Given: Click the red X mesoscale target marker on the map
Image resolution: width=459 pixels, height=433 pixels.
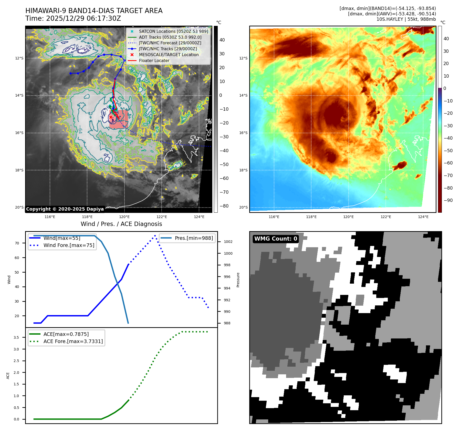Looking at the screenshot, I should point(111,117).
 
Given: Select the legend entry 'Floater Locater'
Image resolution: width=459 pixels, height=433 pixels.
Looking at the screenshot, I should point(154,61).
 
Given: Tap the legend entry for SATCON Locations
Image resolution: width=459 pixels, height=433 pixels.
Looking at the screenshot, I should point(173,31).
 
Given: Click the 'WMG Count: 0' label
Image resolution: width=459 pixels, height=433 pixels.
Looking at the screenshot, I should point(276,239).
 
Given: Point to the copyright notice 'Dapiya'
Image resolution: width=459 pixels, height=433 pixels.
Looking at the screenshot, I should point(65,209).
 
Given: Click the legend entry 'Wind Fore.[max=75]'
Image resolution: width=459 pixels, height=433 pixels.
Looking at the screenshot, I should point(69,245).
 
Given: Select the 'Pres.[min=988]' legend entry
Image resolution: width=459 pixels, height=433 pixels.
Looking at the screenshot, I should point(194,238).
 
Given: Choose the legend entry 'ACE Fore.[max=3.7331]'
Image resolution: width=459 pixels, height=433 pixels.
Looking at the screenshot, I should point(73,341).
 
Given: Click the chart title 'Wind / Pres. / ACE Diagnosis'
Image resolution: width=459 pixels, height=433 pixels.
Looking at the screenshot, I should point(121,224).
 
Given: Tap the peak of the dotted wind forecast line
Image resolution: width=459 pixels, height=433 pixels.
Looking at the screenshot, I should point(155,235).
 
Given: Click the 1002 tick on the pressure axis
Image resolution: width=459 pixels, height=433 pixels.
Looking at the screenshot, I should point(228,242).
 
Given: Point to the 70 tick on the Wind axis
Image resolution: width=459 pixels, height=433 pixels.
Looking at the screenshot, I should point(17,243).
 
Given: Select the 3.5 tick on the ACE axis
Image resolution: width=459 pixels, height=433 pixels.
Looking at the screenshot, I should point(16,337).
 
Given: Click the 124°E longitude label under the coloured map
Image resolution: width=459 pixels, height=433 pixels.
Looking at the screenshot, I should point(423,217).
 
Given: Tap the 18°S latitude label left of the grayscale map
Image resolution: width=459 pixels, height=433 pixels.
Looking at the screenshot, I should point(19,170).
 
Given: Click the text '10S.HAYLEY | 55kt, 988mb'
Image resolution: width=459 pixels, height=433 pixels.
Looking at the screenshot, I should point(406,19).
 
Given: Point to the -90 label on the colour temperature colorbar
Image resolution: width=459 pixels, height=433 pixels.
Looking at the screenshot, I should point(448,200).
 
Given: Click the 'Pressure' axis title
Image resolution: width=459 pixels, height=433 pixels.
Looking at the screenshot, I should point(238,280).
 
